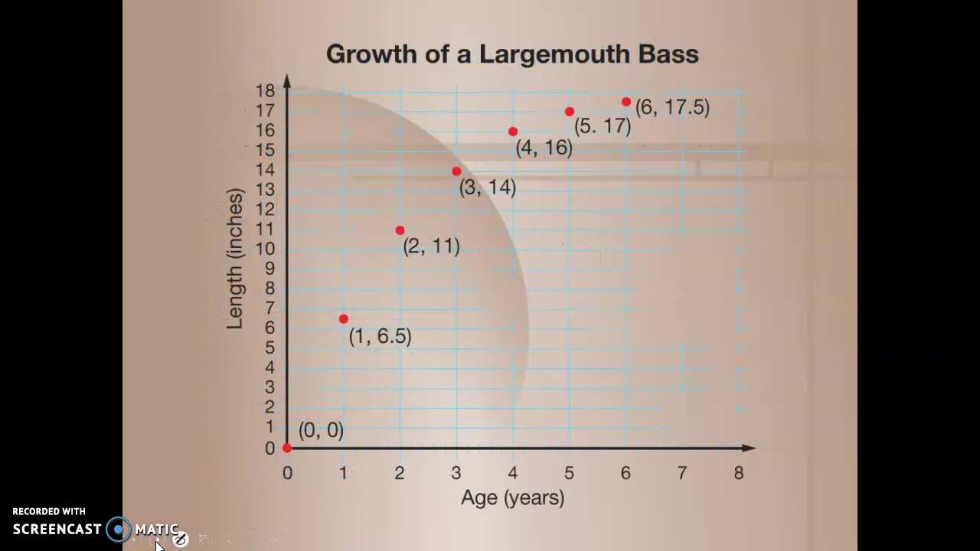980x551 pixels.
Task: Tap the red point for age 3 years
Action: (456, 171)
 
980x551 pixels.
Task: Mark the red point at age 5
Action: (570, 112)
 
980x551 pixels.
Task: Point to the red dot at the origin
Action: (287, 448)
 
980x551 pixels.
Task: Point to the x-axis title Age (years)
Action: (512, 498)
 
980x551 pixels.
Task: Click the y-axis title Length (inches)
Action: (235, 259)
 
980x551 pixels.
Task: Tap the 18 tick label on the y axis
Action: (265, 90)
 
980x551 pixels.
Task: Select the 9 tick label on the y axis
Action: (269, 269)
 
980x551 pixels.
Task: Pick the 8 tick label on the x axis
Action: (738, 474)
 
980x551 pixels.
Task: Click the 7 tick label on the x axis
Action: (682, 474)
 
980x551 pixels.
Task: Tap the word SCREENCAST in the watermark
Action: (57, 529)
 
